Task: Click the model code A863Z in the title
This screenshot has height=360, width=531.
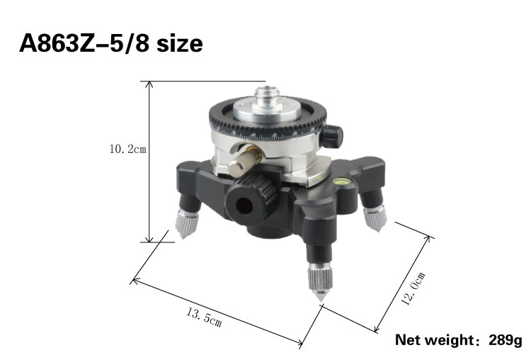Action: [x=57, y=43]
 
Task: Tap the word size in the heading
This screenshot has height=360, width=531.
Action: [x=180, y=44]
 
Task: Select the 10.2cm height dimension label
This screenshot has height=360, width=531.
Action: [x=127, y=149]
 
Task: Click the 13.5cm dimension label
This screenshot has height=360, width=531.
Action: [x=204, y=318]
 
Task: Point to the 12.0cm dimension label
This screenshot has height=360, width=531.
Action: [x=413, y=289]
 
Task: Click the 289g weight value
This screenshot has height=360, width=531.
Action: [x=506, y=339]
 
